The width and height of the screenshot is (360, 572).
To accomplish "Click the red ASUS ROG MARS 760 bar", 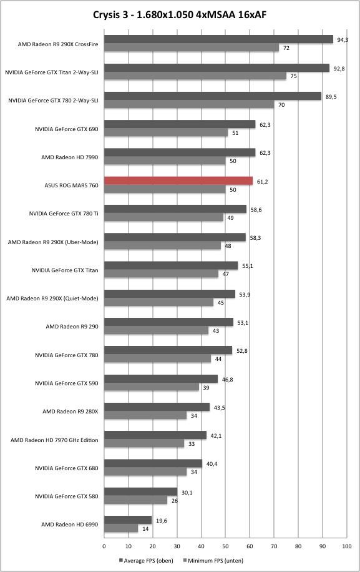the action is [178, 181].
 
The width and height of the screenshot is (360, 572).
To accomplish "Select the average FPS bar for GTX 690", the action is [180, 124].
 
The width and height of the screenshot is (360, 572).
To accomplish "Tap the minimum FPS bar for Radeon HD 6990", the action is [121, 528].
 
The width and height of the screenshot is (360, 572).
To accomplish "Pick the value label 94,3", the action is [343, 40].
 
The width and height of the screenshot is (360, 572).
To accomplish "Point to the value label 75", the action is [294, 76].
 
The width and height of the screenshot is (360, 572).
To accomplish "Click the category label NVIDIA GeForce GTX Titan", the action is [65, 270].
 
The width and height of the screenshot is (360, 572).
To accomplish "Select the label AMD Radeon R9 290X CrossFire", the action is [58, 44].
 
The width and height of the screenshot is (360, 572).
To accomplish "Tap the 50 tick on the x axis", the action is [225, 546].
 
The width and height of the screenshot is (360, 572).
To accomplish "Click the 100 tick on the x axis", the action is [346, 546].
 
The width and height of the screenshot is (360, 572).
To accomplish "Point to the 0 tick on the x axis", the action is [104, 546].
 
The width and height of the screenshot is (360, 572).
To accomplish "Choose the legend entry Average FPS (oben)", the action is [146, 560].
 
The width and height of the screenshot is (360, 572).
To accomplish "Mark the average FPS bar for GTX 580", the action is [140, 491].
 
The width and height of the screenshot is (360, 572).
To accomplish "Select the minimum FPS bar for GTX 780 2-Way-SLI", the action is [189, 104].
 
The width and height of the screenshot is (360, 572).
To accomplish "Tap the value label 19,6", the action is [162, 521].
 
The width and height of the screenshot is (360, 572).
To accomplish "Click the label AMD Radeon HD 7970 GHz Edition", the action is [54, 440].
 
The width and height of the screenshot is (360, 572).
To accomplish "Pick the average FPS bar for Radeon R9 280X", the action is [157, 407].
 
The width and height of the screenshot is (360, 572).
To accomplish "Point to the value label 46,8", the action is [227, 380].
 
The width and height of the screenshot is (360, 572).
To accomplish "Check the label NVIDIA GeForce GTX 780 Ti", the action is [64, 214].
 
